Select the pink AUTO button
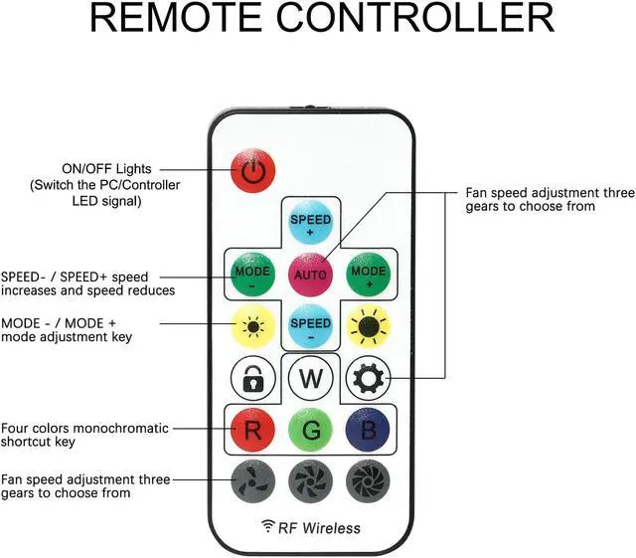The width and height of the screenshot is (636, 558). pos(310,273)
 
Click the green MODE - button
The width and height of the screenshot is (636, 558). pos(252,273)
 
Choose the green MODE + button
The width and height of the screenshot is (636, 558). pos(367,273)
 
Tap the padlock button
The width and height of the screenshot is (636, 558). pos(252,379)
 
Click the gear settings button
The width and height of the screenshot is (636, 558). pos(367,379)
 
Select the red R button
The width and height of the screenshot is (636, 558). pos(252,431)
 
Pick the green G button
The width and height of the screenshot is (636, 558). pos(310,431)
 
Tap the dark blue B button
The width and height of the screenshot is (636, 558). pos(367,431)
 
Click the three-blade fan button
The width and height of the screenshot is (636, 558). pos(252,480)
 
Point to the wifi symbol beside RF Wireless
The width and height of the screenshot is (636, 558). pos(267,526)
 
